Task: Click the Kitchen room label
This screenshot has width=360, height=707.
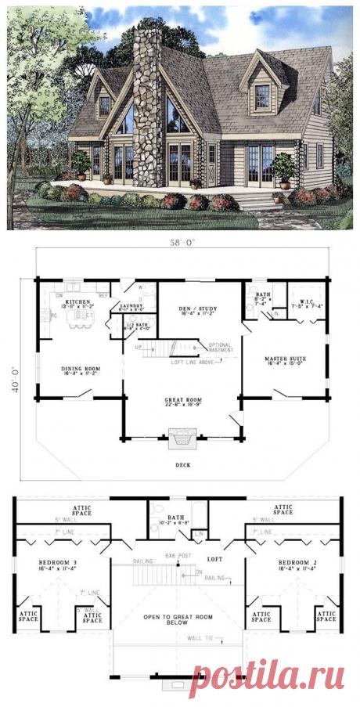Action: [78, 301]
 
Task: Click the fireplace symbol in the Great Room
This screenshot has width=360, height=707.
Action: [181, 440]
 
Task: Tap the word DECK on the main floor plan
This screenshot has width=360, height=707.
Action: [181, 464]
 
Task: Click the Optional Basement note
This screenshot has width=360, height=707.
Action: [221, 348]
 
